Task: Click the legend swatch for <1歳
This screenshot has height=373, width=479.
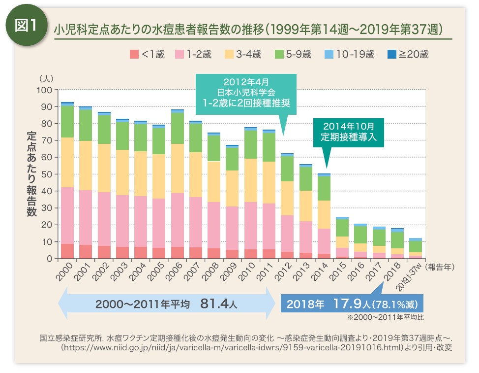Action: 133,54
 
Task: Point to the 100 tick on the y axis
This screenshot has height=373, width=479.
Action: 45,90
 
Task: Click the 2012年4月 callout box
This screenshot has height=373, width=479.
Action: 246,93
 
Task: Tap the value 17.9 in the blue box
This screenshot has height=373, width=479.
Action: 345,304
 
